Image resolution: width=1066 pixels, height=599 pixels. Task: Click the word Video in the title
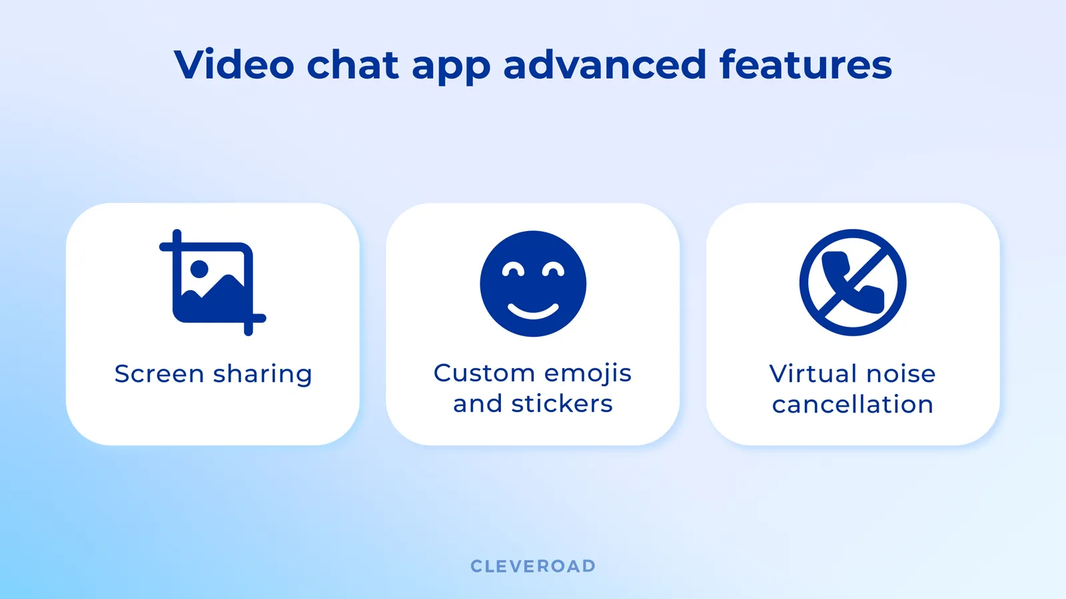[x=234, y=65]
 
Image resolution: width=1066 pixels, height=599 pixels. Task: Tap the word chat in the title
[x=352, y=65]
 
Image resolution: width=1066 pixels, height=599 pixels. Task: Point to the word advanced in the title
[x=604, y=65]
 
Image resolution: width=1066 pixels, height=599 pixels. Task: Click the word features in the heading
[x=805, y=65]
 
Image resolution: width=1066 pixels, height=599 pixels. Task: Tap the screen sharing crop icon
[x=213, y=283]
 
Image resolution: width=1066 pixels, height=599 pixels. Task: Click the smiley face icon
[x=533, y=284]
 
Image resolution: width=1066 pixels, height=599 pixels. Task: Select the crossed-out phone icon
[x=853, y=283]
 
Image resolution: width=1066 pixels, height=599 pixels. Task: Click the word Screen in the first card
[x=159, y=374]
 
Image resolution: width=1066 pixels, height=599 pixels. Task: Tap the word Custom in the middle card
[x=484, y=373]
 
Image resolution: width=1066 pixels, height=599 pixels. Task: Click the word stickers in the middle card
[x=562, y=404]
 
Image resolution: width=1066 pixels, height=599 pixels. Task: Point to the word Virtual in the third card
[x=813, y=374]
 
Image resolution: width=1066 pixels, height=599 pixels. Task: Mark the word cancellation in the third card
[x=853, y=405]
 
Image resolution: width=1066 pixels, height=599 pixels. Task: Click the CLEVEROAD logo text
[x=533, y=566]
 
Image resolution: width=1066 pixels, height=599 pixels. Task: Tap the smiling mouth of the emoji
[x=533, y=311]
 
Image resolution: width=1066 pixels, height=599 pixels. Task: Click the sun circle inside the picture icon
[x=199, y=269]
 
